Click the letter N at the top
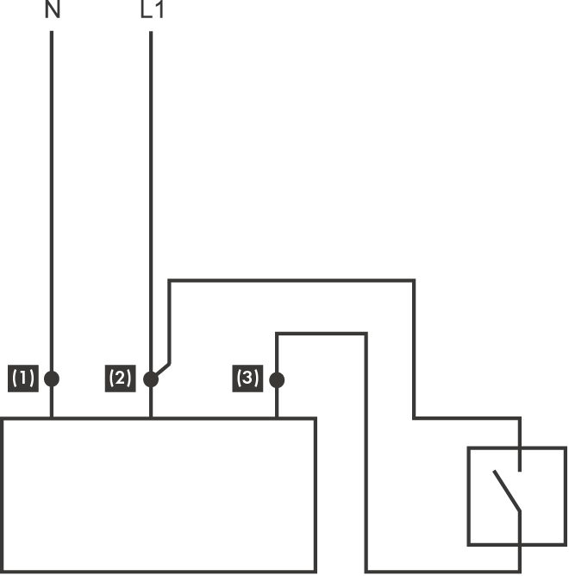[x=53, y=11]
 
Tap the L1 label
[x=151, y=11]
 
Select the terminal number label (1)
[x=23, y=378]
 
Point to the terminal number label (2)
[x=121, y=378]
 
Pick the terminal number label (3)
[x=247, y=378]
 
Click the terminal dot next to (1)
[x=52, y=379]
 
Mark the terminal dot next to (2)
[x=151, y=379]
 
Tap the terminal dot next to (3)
[x=277, y=379]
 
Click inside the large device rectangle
[x=159, y=496]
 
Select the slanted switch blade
[x=507, y=491]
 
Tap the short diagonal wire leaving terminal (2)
[x=162, y=368]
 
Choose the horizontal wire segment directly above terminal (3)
[x=321, y=333]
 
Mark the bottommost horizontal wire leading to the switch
[x=443, y=571]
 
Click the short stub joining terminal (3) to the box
[x=277, y=404]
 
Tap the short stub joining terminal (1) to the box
[x=52, y=404]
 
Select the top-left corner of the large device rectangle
[x=3, y=419]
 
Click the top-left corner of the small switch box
[x=468, y=448]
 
